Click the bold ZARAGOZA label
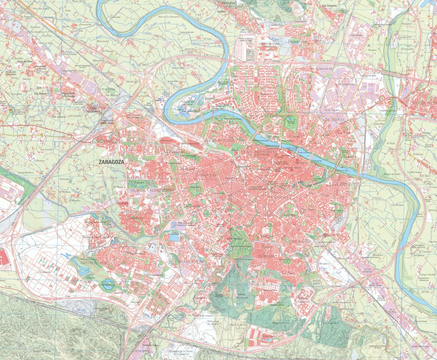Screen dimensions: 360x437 coord(111,162)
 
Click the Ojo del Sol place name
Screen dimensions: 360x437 coord(134,81)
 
